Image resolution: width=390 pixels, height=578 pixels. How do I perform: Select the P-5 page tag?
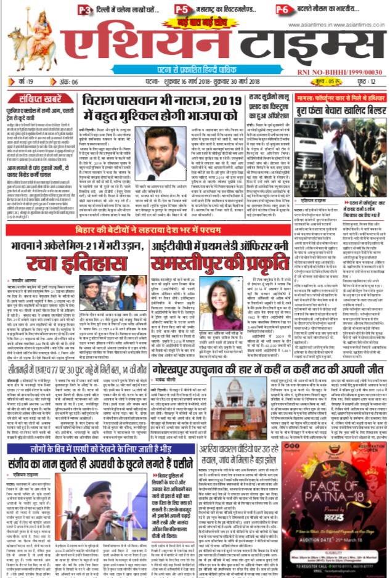click(182, 9)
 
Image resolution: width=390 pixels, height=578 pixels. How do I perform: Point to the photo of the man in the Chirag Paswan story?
click(160, 154)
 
